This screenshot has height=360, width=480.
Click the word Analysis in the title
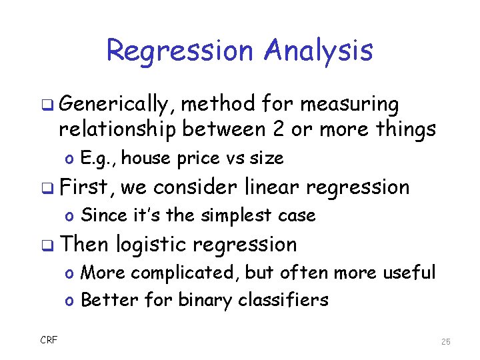318,51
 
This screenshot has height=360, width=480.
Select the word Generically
116,104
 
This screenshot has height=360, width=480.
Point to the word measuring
350,104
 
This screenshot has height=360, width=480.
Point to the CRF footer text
48,341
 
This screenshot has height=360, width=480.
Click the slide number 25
445,341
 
